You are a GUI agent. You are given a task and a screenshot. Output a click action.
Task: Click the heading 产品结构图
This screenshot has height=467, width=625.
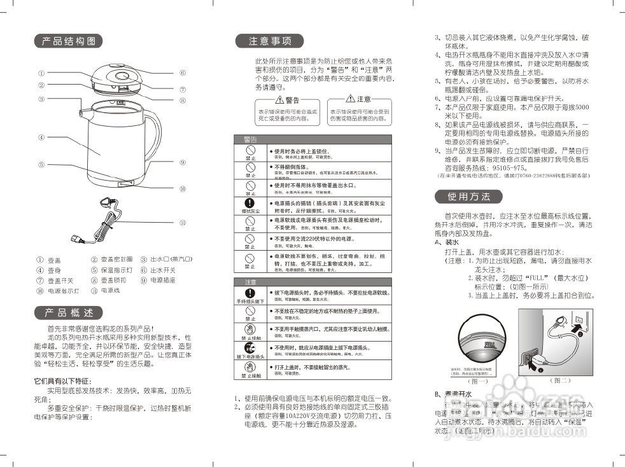(68, 41)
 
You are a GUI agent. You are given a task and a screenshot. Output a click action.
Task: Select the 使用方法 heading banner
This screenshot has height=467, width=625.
(469, 197)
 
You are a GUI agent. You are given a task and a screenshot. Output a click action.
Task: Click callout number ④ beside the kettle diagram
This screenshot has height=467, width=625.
(41, 137)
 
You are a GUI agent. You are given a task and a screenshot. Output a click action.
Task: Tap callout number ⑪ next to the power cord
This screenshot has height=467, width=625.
(182, 223)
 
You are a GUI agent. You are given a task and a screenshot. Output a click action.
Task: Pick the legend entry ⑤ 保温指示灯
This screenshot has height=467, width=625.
(111, 270)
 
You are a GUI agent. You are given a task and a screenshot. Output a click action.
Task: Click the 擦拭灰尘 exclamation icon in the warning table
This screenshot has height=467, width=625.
(250, 204)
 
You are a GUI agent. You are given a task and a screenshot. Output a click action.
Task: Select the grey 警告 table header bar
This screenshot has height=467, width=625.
(312, 139)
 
